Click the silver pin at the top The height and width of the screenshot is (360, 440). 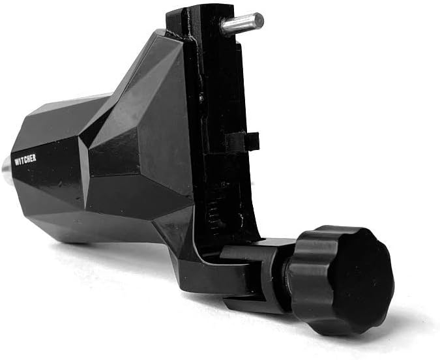(241, 23)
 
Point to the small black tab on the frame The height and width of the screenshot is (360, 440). (245, 141)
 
